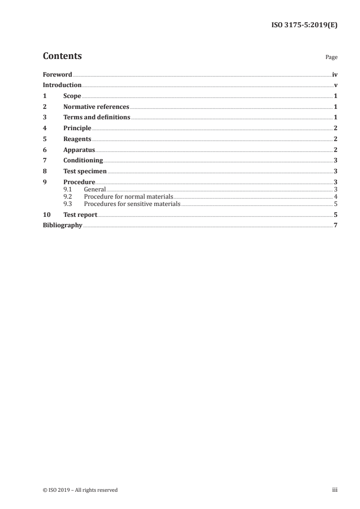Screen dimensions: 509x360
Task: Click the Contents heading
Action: [x=62, y=56]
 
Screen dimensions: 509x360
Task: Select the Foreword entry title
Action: [x=57, y=74]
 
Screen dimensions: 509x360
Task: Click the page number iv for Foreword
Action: [x=335, y=74]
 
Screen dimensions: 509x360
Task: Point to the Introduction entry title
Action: [x=62, y=85]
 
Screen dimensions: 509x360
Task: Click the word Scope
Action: [x=72, y=96]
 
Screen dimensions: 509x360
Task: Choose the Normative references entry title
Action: [x=96, y=107]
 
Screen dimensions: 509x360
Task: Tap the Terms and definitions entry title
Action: [x=97, y=117]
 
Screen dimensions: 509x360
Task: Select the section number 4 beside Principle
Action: [x=44, y=128]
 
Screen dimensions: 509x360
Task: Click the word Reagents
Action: [x=77, y=139]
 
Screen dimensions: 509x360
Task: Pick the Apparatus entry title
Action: [x=79, y=150]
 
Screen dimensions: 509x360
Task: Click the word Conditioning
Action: [x=83, y=161]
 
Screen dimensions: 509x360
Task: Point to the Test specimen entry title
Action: [x=85, y=171]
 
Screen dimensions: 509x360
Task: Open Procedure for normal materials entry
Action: [x=128, y=196]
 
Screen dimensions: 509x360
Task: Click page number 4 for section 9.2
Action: [x=335, y=196]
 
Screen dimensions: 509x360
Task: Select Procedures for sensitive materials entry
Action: [x=132, y=204]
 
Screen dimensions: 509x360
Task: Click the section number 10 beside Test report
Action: [x=46, y=215]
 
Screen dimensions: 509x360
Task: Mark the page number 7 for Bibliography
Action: [x=335, y=225]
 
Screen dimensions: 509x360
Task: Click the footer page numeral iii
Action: [x=335, y=490]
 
